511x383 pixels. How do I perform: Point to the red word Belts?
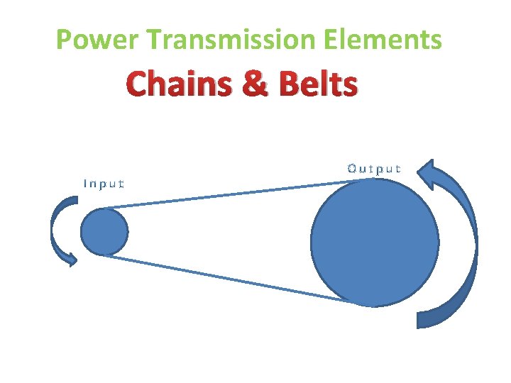coord(318,85)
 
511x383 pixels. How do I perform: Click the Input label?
coord(104,184)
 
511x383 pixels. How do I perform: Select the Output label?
coord(374,169)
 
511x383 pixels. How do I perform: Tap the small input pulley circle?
coord(105,231)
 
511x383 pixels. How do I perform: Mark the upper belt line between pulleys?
coord(220,194)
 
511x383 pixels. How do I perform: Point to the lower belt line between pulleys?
coord(220,278)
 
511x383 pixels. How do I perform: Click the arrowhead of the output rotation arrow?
coord(426,173)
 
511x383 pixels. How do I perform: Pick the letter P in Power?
coord(64,40)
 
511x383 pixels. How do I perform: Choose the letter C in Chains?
coord(138,85)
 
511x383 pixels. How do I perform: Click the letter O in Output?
coord(352,169)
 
